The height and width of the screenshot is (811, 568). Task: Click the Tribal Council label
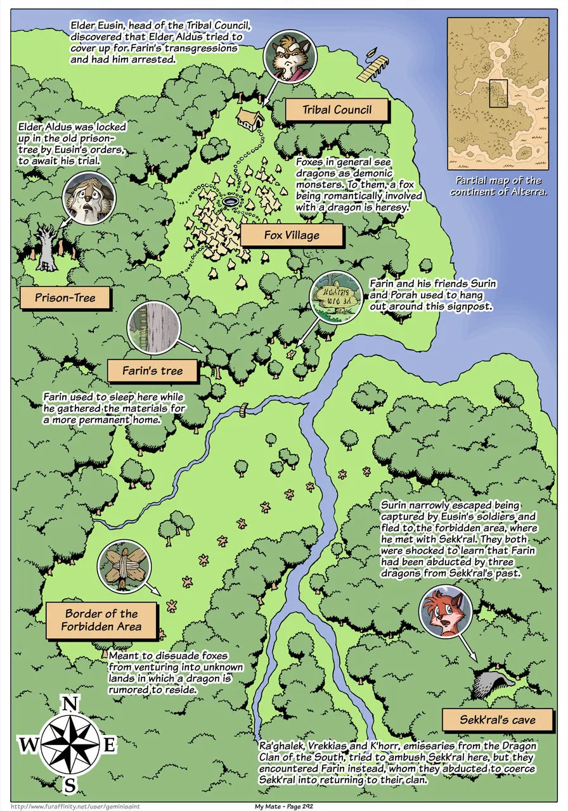click(x=336, y=110)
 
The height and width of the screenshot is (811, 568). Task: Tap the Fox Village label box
click(x=292, y=236)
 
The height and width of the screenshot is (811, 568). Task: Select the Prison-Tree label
click(x=65, y=298)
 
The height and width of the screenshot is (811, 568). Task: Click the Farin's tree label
click(x=152, y=371)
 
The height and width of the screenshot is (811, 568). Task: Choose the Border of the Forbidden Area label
click(x=101, y=620)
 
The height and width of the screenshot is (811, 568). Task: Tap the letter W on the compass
click(x=29, y=745)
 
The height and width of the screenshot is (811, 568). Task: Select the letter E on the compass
click(x=109, y=745)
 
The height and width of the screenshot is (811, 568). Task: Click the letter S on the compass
click(x=70, y=786)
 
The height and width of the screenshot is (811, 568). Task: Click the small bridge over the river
click(x=243, y=410)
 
